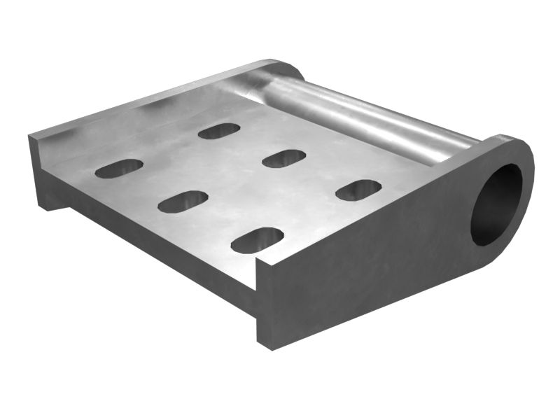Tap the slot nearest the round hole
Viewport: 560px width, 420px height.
pos(358,190)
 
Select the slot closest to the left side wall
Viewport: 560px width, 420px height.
pos(119,168)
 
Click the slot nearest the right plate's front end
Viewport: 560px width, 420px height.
pos(257,240)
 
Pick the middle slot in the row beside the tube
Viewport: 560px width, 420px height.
pos(283,158)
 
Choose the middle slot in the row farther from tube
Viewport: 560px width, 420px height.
pos(183,201)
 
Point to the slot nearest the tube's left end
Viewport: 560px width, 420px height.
pos(219,131)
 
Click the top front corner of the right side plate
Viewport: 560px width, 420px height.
pos(261,261)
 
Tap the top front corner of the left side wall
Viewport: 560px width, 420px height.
pos(31,136)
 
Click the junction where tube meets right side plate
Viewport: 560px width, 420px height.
pos(476,143)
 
